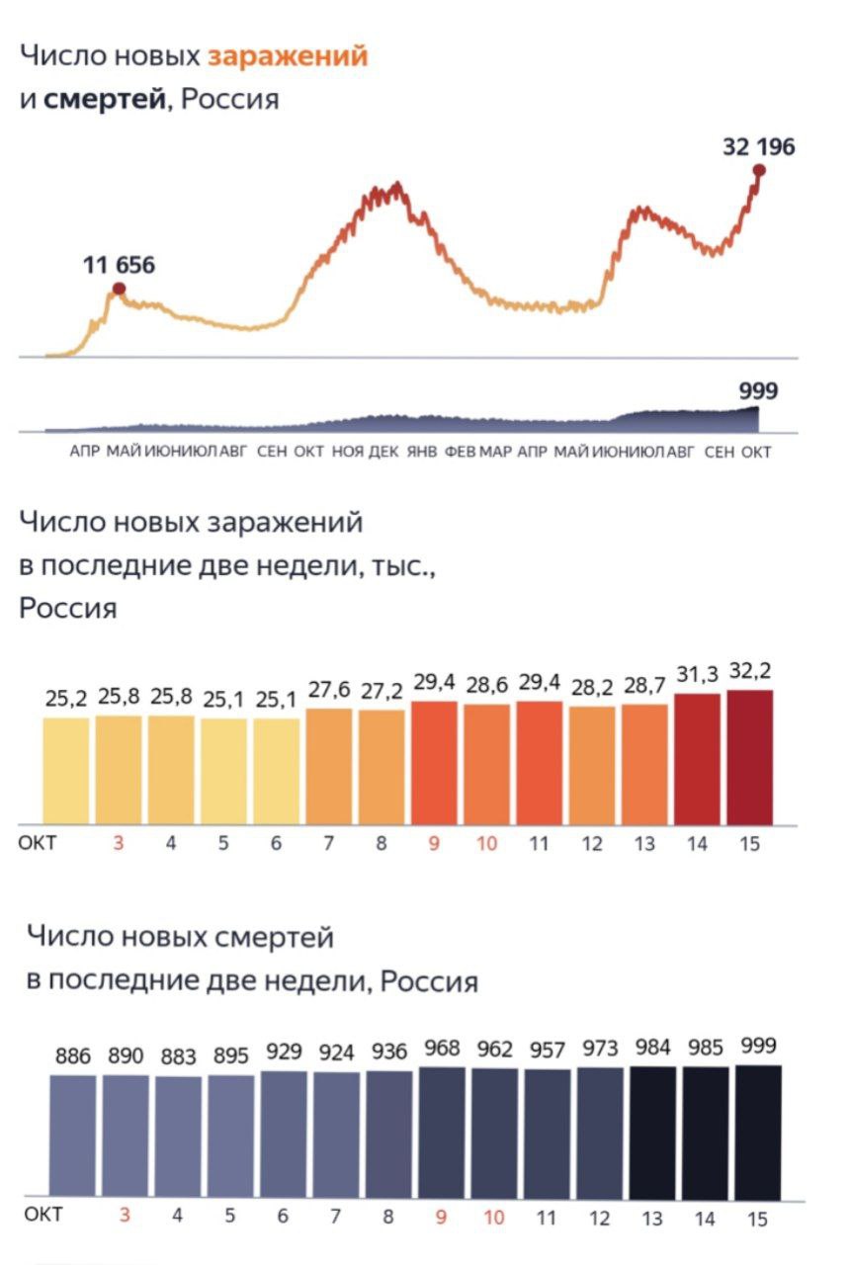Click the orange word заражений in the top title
[287, 56]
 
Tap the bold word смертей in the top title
[104, 100]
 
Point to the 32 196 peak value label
[758, 147]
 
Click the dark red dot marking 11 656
[119, 289]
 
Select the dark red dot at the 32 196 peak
[759, 170]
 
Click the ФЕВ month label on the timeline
[461, 452]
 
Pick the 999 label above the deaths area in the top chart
[758, 391]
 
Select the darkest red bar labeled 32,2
[750, 757]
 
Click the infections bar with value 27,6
[329, 766]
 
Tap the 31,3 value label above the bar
[697, 675]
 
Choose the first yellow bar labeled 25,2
[66, 771]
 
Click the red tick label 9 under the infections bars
[434, 844]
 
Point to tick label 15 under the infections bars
[750, 844]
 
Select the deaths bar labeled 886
[73, 1137]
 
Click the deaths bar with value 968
[442, 1133]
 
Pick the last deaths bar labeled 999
[757, 1132]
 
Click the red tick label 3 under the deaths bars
[125, 1216]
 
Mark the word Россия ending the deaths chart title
[429, 981]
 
